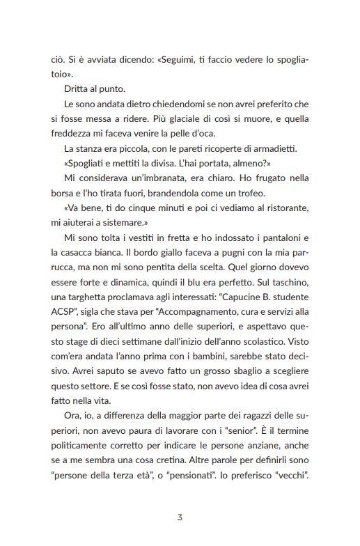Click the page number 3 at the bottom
click(180, 517)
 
